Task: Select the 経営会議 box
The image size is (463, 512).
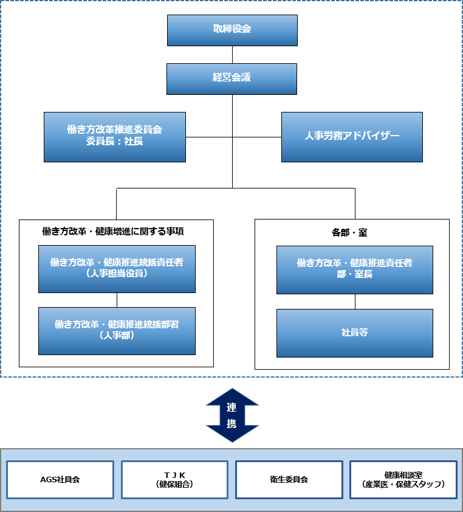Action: [232, 78]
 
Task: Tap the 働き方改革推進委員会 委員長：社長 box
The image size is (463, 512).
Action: [115, 136]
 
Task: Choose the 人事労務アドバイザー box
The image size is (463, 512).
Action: [352, 136]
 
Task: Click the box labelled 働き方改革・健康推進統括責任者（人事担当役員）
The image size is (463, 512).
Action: [117, 269]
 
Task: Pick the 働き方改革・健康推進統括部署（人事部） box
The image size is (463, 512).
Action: [117, 330]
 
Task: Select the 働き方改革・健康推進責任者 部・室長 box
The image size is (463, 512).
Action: [355, 269]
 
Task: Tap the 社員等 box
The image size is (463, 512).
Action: [355, 333]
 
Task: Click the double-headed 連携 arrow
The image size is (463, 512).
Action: [232, 415]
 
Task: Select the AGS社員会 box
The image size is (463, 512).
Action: [60, 479]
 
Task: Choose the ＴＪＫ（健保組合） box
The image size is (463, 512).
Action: [174, 479]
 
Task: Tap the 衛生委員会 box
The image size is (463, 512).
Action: [289, 479]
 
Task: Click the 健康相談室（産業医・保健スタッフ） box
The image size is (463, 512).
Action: [403, 479]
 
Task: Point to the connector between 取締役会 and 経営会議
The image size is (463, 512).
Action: [232, 55]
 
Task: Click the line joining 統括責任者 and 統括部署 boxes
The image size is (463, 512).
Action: [117, 300]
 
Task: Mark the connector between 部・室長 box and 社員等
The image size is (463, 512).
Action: [355, 302]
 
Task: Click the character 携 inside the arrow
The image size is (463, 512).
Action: [232, 424]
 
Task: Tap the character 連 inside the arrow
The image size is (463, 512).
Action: [232, 407]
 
